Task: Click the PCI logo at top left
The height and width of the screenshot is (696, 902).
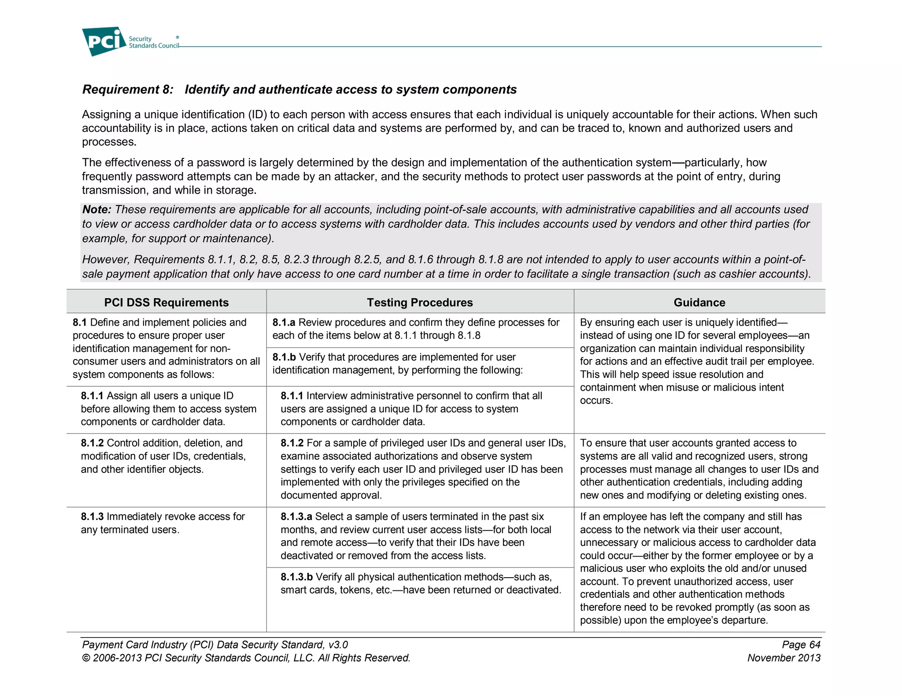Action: point(104,41)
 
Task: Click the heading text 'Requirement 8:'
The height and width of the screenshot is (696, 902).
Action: point(128,89)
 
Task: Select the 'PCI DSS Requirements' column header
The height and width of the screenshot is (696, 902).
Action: point(166,302)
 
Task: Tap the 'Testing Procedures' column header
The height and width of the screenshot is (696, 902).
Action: point(420,302)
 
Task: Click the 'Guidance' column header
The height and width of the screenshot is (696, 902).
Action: point(699,302)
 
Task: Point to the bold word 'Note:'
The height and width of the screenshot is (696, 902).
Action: point(96,209)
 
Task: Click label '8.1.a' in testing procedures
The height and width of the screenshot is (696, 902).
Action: point(284,322)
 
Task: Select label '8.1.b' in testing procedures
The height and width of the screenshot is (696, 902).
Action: point(284,357)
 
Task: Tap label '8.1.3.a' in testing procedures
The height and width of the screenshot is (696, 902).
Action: point(296,517)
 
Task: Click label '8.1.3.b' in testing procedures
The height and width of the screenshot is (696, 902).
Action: point(296,577)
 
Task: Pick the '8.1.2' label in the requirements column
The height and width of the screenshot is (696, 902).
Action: point(92,443)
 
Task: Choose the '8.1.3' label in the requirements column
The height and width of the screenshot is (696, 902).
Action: point(92,517)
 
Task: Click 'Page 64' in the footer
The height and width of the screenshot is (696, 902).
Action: point(801,645)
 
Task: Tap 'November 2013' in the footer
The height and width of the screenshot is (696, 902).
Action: point(784,658)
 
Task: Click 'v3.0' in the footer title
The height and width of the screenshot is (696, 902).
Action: point(338,645)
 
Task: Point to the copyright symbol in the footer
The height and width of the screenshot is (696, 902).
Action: point(86,658)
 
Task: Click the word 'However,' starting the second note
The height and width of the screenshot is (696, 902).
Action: point(106,260)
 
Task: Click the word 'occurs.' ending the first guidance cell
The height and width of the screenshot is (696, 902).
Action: point(596,401)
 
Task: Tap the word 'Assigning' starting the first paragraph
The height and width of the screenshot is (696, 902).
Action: point(106,115)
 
